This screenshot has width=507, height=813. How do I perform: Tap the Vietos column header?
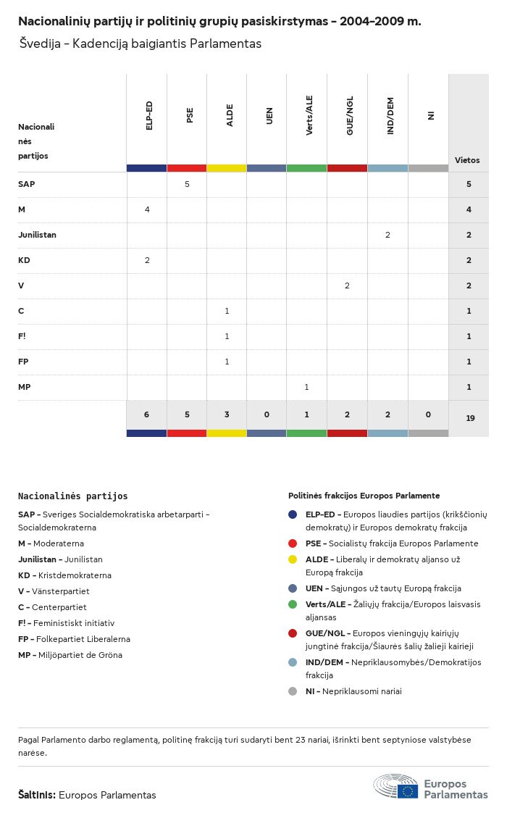[x=467, y=160]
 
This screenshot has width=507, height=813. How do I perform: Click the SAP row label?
[x=27, y=184]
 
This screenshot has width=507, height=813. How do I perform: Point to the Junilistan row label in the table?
[x=37, y=235]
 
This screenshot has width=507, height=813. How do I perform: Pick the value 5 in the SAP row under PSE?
[x=187, y=184]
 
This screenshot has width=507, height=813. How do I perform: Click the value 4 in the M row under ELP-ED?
[x=147, y=209]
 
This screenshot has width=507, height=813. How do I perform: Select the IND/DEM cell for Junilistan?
[x=387, y=235]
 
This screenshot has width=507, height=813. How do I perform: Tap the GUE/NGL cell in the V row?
[x=347, y=285]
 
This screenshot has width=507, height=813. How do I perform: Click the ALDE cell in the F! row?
[x=227, y=336]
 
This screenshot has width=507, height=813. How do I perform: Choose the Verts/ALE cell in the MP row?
[x=306, y=387]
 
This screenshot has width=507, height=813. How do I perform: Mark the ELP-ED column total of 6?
[x=146, y=414]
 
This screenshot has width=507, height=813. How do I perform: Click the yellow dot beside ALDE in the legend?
[x=293, y=559]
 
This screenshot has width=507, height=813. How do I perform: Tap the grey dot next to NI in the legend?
[x=293, y=691]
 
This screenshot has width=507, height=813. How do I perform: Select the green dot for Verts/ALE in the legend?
[x=293, y=604]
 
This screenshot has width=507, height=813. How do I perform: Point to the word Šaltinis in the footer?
[x=36, y=795]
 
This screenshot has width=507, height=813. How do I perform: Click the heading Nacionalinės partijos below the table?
[x=72, y=496]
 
